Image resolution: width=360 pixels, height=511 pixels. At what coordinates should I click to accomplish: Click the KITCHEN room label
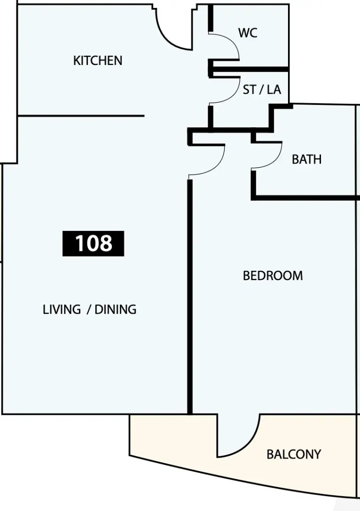98,60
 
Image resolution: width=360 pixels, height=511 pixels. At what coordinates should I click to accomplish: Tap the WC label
248,33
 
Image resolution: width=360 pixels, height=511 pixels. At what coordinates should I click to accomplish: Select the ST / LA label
262,90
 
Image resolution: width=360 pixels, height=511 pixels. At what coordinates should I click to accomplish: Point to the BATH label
307,159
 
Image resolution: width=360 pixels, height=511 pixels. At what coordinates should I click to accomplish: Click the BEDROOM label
273,275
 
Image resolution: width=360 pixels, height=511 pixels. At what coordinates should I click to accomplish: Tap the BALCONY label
294,454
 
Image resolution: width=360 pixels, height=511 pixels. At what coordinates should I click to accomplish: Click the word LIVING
62,309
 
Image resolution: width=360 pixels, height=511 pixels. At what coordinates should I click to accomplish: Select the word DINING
115,309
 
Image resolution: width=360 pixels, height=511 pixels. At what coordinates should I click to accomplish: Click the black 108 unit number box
93,243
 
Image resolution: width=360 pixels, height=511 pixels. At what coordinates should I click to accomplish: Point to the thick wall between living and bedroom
190,297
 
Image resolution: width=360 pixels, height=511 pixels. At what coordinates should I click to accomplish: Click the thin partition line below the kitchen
81,116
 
